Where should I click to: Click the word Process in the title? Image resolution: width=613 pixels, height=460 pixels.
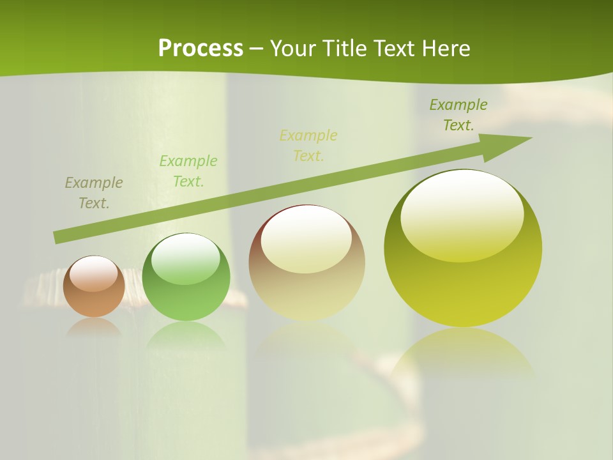201,49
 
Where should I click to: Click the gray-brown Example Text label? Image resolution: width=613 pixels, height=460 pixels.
94,193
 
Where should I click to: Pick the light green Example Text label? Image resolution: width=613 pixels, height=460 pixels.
188,171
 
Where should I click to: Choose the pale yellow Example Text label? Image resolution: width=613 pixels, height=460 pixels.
308,146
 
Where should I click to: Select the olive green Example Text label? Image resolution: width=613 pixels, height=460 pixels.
458,115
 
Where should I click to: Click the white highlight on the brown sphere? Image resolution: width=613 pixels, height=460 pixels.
94,273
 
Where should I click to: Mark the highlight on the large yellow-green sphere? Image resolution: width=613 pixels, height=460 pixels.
462,214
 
